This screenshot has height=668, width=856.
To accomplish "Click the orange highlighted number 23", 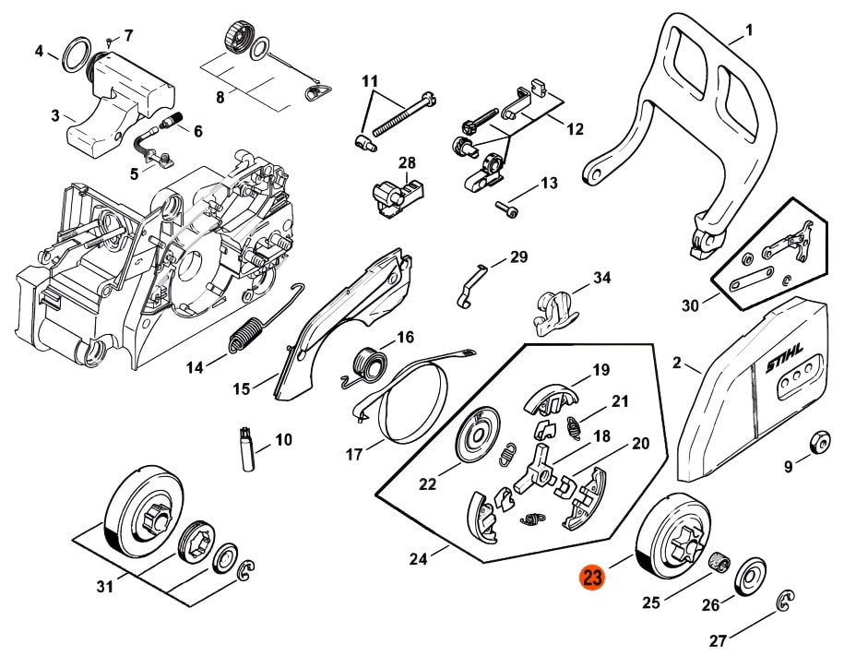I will [x=592, y=579].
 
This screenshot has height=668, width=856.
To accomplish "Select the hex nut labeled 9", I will [x=818, y=443].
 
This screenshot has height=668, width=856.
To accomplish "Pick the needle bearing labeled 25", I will [x=719, y=560].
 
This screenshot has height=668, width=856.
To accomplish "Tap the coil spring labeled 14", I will [x=244, y=337].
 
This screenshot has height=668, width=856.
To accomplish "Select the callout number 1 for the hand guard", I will [x=749, y=30].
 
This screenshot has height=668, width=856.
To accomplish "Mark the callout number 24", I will [x=418, y=558].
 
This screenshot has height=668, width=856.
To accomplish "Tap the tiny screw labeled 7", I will [x=109, y=42].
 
